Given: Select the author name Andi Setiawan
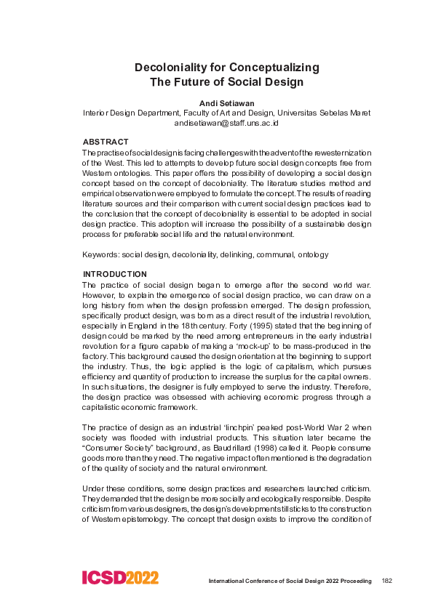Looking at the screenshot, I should coord(226,103).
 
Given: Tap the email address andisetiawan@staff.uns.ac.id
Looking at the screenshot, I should coord(226,123).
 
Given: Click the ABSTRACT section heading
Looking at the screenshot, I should coord(106,142).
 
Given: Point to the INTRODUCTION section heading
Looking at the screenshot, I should coord(115,274).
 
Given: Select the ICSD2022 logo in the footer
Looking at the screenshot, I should coord(120,579).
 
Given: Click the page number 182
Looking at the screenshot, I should coord(388,581).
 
